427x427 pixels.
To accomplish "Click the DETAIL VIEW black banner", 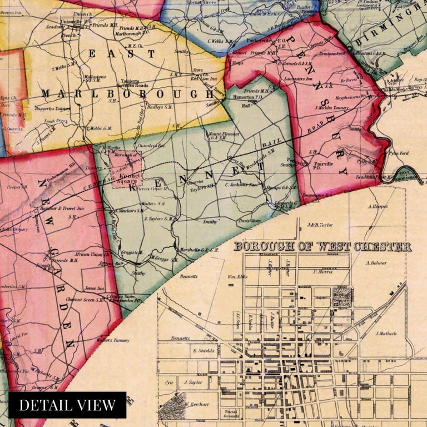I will pos(67,405).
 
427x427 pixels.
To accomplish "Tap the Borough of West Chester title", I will pos(322,246).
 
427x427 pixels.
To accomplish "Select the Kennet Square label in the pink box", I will pos(128,177).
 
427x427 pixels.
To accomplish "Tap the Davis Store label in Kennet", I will pos(249,221).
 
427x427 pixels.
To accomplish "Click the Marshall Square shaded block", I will pos(342,295).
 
